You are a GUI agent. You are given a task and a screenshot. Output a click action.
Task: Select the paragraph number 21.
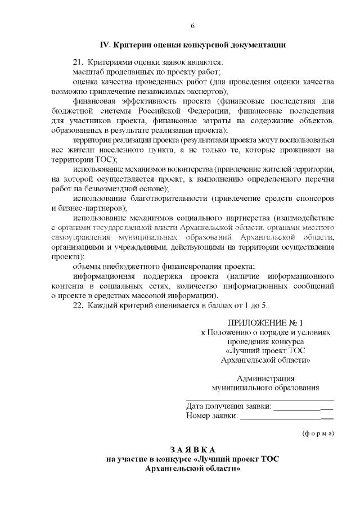78,62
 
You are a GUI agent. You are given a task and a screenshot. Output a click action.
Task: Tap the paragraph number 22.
78,305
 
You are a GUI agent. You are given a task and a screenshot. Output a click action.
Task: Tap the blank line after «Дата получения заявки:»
303,406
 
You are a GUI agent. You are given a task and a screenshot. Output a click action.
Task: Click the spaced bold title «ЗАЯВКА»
192,449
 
